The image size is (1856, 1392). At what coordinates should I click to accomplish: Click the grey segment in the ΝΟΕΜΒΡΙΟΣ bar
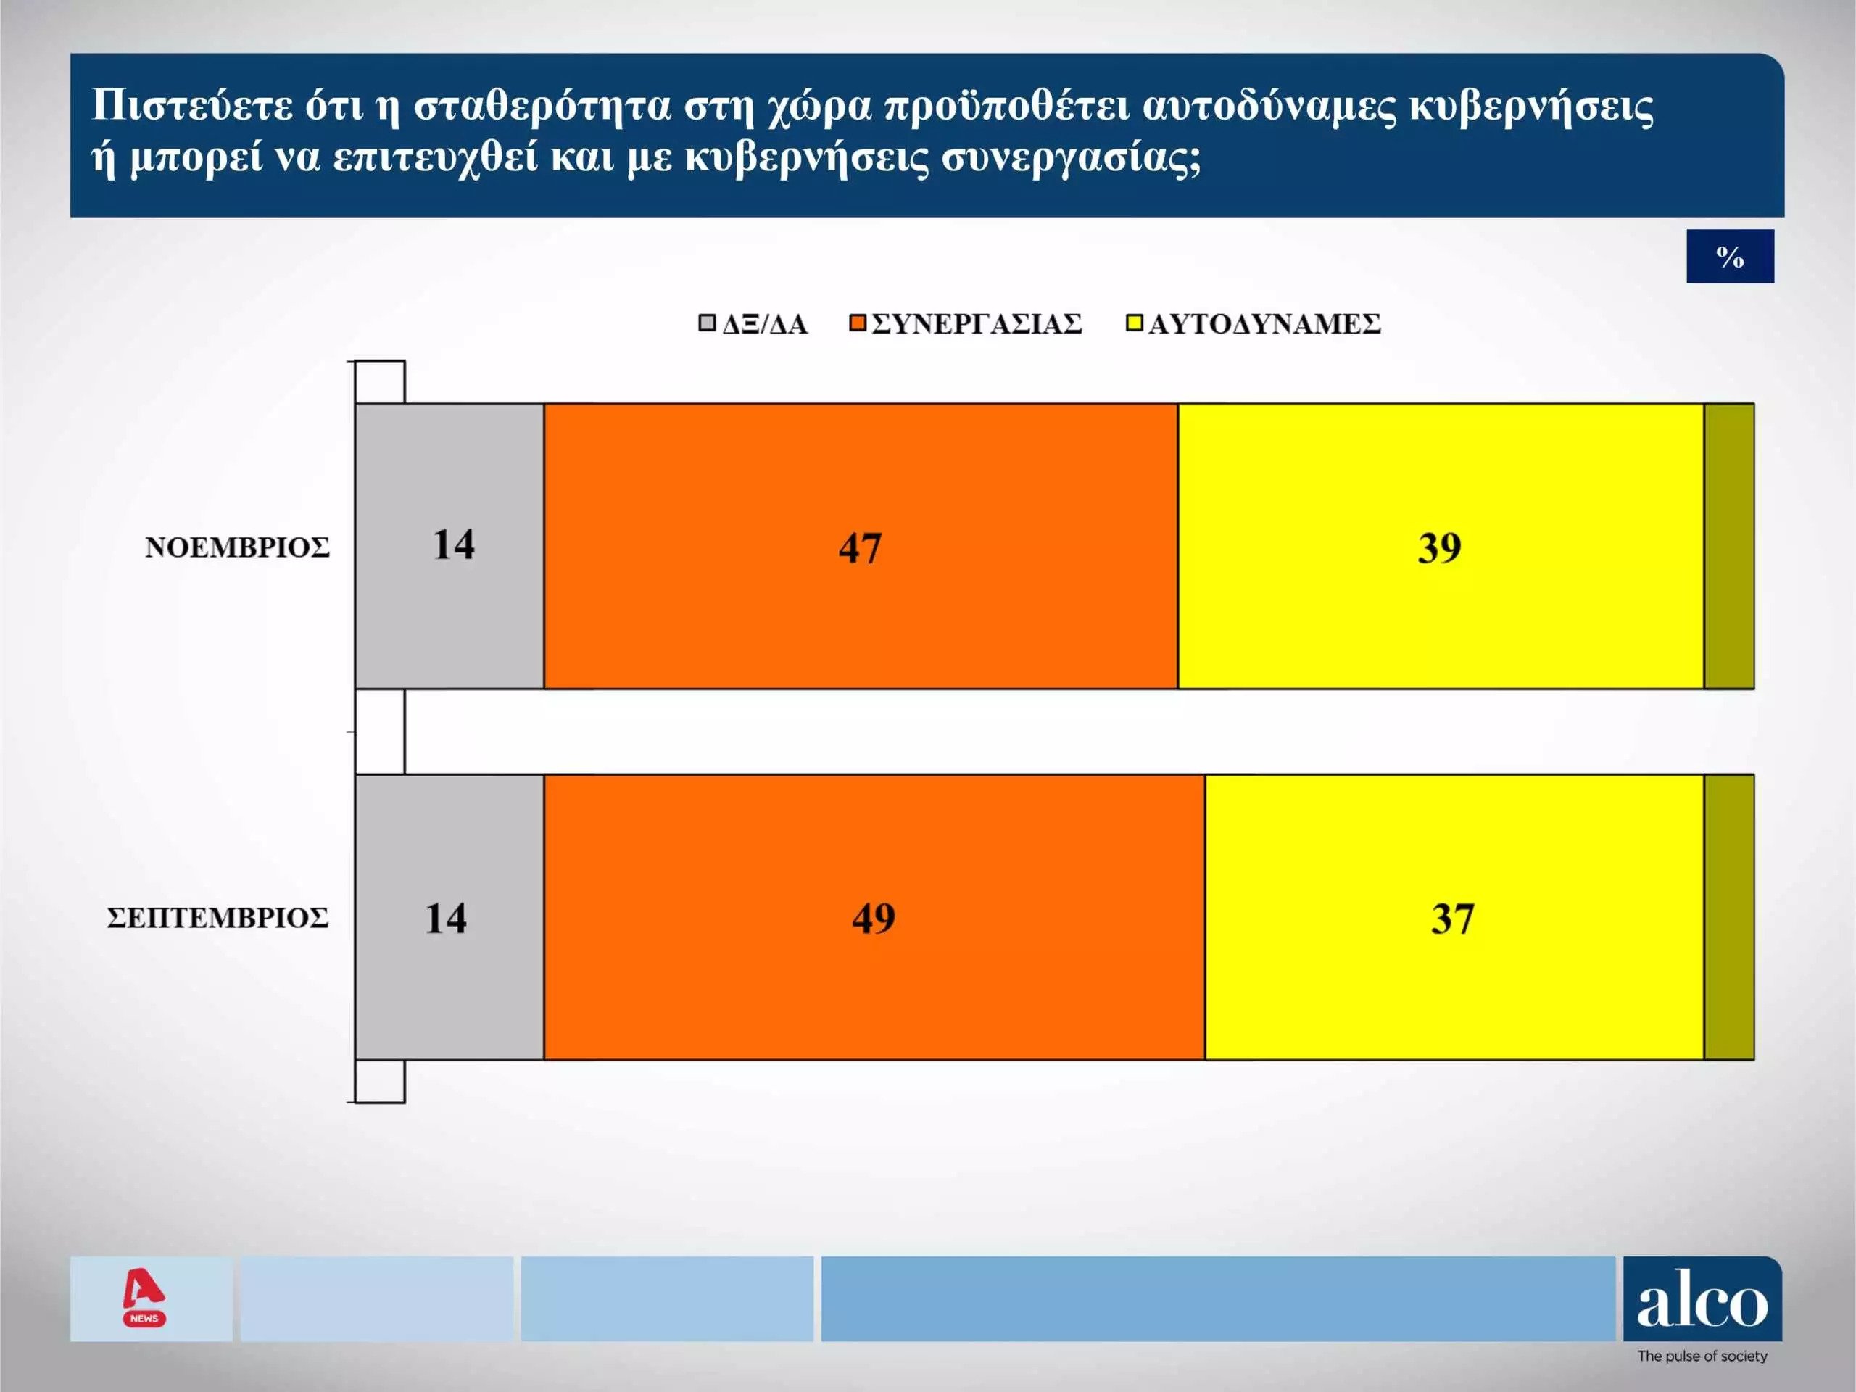(449, 546)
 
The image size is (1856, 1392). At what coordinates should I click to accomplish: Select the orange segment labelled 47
(861, 546)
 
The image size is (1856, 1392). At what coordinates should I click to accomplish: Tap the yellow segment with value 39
(1441, 546)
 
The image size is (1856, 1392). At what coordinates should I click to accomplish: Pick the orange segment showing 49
(874, 917)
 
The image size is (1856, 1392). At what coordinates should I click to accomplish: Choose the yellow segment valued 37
(1455, 917)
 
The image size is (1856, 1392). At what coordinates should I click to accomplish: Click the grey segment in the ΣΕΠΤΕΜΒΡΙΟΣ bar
(449, 917)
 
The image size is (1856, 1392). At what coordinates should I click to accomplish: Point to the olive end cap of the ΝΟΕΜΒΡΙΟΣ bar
(1729, 546)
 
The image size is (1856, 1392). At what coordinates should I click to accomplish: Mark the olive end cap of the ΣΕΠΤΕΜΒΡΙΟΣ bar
(1729, 917)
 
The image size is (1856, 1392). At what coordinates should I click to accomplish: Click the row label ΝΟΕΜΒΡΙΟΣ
(238, 547)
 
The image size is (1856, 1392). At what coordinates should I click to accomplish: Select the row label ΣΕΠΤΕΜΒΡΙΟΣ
(218, 918)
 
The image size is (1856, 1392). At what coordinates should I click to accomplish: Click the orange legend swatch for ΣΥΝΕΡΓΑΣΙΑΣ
(858, 323)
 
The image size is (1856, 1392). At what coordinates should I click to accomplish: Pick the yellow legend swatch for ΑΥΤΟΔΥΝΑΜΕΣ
(1134, 323)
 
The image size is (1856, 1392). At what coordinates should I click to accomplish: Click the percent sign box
(1730, 256)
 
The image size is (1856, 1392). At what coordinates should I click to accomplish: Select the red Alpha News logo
(144, 1298)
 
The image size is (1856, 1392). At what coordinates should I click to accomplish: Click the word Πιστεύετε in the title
(192, 107)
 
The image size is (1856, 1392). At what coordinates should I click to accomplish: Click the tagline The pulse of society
(1702, 1356)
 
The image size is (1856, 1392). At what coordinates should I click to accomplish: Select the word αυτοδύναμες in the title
(1269, 107)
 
